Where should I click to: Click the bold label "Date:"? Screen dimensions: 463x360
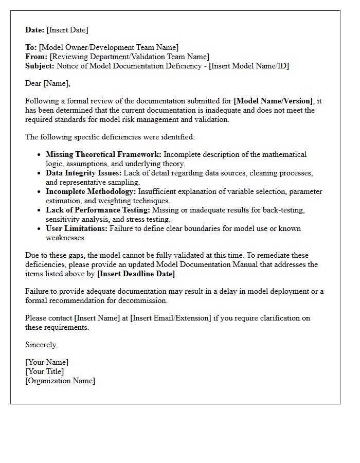35,30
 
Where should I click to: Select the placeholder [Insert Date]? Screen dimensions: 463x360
67,30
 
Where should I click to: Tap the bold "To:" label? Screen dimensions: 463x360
31,47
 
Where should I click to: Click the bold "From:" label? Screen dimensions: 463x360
36,57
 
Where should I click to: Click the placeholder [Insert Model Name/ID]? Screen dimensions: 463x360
249,66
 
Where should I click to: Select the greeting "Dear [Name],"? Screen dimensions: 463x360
48,83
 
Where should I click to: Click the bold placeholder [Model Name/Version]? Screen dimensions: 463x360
273,101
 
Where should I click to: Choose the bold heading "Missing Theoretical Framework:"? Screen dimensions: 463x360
103,154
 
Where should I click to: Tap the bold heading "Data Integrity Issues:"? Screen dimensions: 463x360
84,173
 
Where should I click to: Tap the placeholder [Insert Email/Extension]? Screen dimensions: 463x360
171,318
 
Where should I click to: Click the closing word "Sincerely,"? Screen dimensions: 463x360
42,345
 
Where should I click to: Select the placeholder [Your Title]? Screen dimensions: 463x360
45,371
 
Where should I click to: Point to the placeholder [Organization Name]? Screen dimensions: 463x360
60,381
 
